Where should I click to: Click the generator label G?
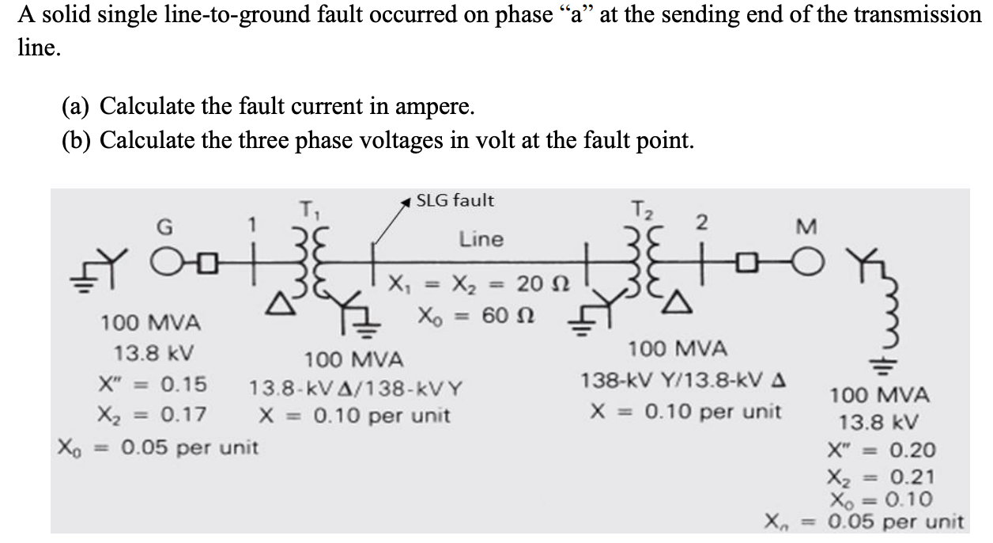click(x=166, y=228)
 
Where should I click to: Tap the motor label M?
click(x=805, y=228)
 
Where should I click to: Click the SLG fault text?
click(x=455, y=201)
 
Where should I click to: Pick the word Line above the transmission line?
click(x=481, y=238)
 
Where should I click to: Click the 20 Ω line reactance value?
click(x=532, y=283)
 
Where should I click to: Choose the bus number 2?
click(x=699, y=224)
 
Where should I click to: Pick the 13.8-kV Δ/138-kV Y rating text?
click(x=357, y=389)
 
